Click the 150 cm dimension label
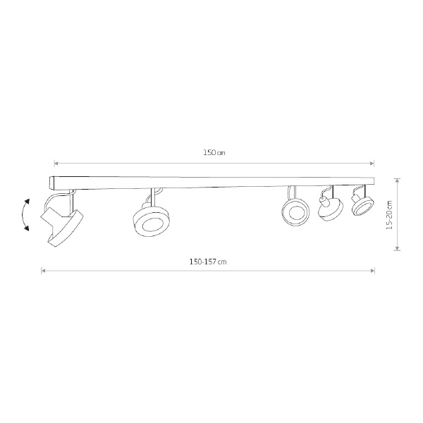(x=214, y=153)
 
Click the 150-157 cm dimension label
(x=208, y=262)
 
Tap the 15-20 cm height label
(x=389, y=215)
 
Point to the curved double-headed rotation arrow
(x=23, y=215)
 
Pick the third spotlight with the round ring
(x=295, y=212)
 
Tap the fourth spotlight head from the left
(x=331, y=209)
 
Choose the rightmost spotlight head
(x=363, y=205)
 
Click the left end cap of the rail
(x=51, y=182)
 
